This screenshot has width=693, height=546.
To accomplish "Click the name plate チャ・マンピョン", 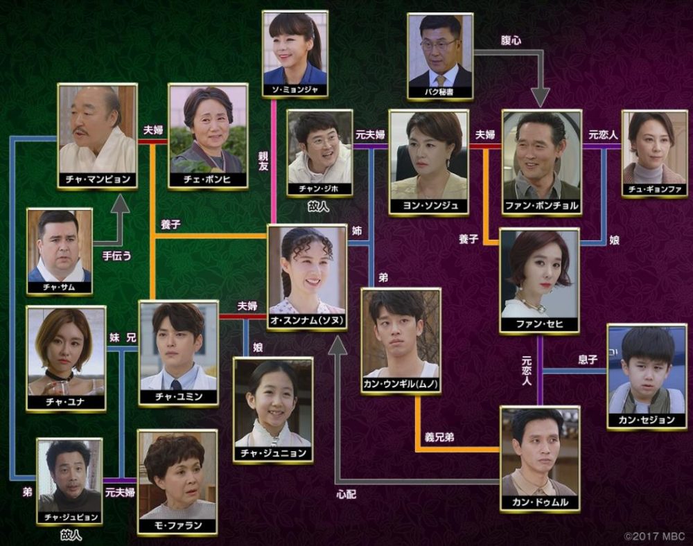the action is point(98,179).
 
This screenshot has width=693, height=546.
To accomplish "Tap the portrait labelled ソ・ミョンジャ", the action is point(295,54).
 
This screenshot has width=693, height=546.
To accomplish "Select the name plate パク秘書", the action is point(440,92).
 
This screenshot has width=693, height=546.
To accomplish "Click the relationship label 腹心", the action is point(511,41).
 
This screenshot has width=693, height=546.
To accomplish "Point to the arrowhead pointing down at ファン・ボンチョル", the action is point(540,98).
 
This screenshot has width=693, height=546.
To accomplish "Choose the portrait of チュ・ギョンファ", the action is point(655,153).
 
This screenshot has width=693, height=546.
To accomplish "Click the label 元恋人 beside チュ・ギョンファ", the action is point(603,134).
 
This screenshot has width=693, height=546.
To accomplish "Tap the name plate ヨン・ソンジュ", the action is point(429,205).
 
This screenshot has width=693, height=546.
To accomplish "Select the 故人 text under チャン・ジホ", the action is point(319,206).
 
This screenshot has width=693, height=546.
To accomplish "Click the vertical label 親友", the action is point(264,161).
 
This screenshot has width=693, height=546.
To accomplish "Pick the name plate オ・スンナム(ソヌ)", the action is point(307,321).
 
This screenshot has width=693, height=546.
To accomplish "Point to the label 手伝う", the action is point(116,256).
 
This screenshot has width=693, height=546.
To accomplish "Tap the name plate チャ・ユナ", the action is point(66,402).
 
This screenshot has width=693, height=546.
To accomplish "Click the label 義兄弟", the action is point(439,437).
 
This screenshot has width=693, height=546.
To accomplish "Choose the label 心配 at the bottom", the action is point(346,494).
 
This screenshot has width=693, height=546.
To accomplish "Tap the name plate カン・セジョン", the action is point(647,420).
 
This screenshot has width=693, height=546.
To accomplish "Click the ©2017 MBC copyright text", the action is point(654,536).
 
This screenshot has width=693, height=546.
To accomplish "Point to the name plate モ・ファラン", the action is point(177,526).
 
